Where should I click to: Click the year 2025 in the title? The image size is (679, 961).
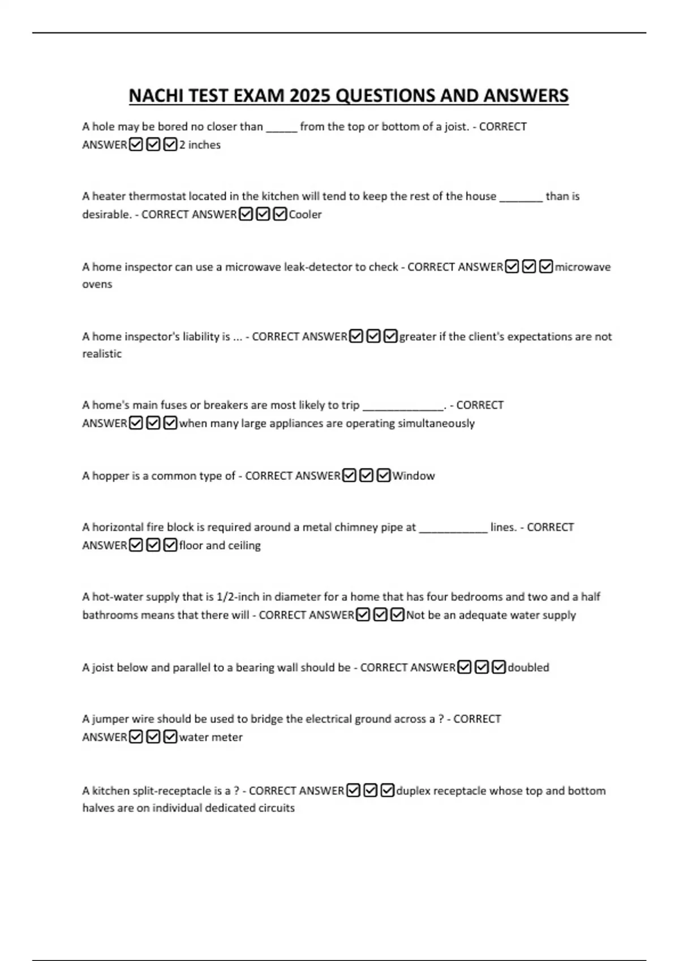[x=310, y=96]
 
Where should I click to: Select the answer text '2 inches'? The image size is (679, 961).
[x=200, y=145]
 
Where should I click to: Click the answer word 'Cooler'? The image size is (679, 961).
[x=305, y=214]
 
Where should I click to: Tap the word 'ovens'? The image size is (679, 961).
[x=97, y=284]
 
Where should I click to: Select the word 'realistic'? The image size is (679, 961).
[x=102, y=353]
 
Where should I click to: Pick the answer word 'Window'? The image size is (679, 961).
[x=414, y=475]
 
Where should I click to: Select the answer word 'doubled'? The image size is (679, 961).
[x=528, y=667]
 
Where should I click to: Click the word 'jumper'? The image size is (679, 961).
[x=110, y=719]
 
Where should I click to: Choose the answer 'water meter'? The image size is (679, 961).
[x=210, y=737]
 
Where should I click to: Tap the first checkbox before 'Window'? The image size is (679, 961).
[x=349, y=475]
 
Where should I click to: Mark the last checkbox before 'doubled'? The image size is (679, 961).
[x=498, y=667]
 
